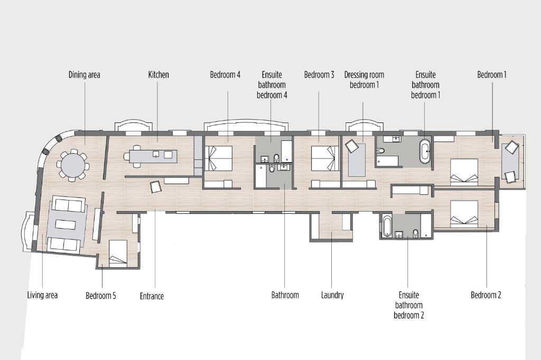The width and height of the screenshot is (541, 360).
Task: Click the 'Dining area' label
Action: pos(84,74)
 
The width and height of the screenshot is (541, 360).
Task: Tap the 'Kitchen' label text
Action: pos(158,74)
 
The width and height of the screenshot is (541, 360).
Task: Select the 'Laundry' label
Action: pos(332,295)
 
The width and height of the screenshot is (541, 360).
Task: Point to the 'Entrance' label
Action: pos(152,296)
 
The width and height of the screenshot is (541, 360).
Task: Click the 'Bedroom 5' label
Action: pos(101,296)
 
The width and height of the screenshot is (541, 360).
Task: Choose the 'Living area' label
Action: pos(42,295)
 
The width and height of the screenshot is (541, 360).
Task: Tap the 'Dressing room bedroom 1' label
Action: pos(364,80)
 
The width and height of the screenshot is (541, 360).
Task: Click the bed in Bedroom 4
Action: pos(218,158)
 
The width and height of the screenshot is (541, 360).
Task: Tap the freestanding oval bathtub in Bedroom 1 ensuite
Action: pos(425,151)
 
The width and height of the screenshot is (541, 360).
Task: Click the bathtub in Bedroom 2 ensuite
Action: pos(387,226)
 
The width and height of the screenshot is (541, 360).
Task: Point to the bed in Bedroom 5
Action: pos(118,253)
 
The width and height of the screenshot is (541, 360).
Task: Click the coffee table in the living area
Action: pos(65,224)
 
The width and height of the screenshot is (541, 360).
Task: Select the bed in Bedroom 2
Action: pos(464,214)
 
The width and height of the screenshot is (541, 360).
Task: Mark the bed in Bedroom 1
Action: pos(464,172)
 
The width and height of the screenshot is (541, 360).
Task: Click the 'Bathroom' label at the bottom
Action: pos(285,295)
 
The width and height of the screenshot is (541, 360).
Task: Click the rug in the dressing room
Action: pos(357,160)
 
